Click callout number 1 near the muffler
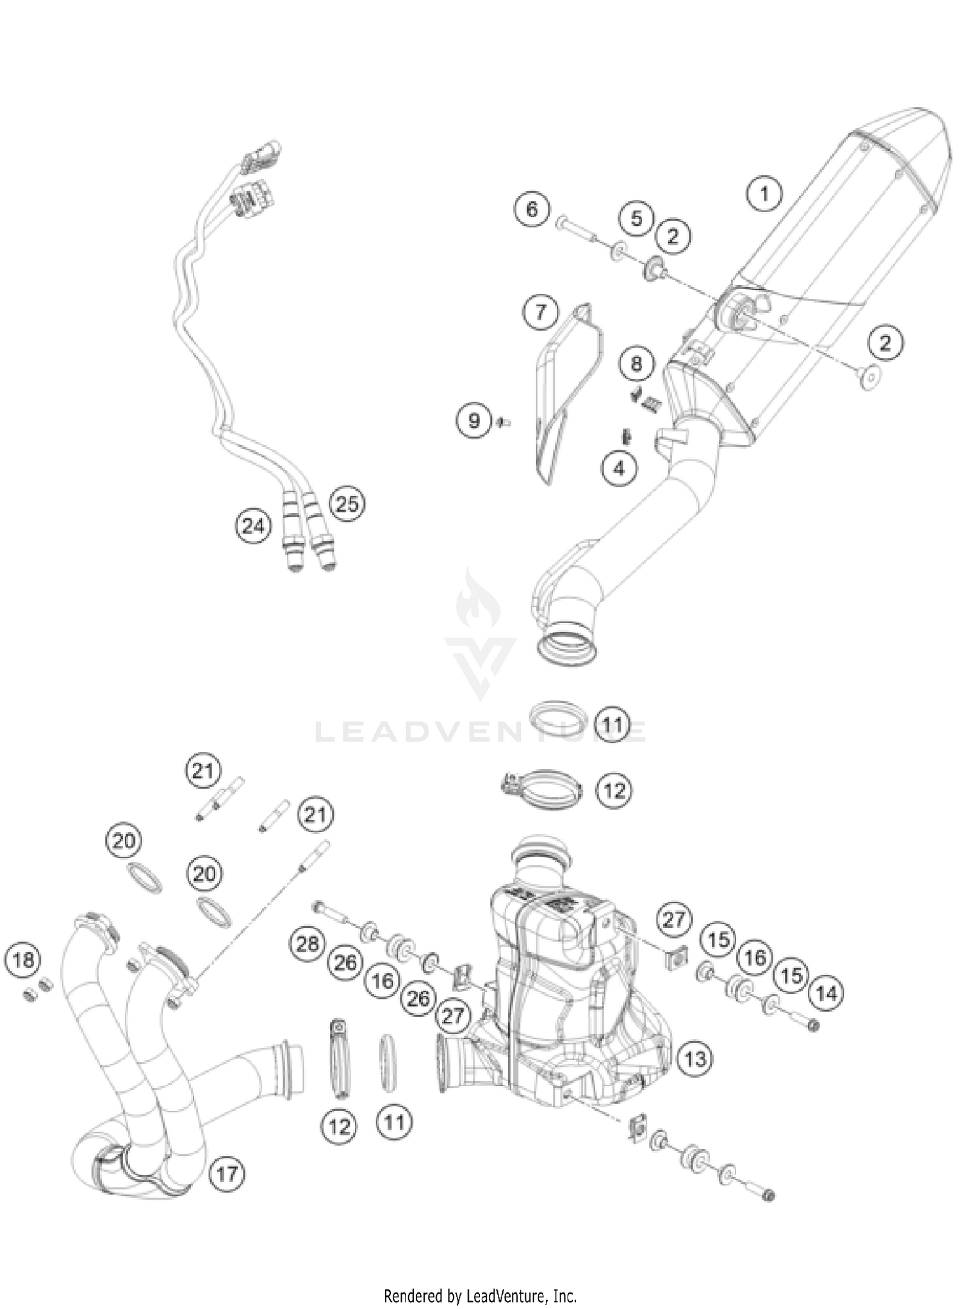(x=764, y=193)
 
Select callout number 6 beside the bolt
(x=532, y=209)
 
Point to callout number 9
(x=473, y=421)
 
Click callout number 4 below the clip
(x=619, y=469)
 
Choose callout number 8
(x=636, y=364)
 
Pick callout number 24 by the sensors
(x=252, y=526)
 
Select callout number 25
(x=347, y=504)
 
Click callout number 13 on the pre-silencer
(x=695, y=1059)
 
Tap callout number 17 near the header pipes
(x=227, y=1174)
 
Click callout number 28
(x=308, y=943)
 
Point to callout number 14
(x=826, y=993)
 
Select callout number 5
(x=636, y=218)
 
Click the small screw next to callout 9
(x=503, y=421)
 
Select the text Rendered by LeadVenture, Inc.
(x=480, y=1296)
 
